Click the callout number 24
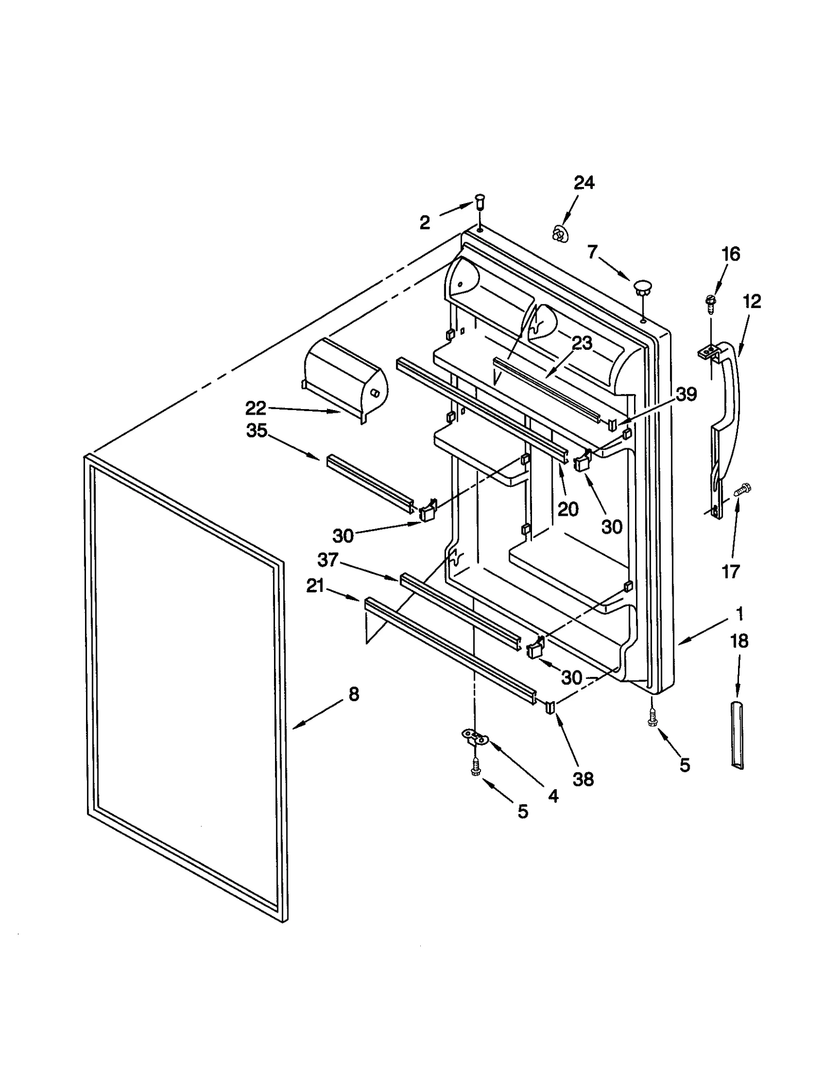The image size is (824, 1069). [584, 182]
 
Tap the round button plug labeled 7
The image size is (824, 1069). [642, 287]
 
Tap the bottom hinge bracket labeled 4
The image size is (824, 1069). [475, 738]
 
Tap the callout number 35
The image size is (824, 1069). [256, 430]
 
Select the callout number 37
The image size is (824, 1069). [328, 559]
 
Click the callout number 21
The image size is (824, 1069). [315, 586]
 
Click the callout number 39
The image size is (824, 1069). [686, 394]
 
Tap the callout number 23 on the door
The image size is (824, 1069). [582, 343]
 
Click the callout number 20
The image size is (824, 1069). [568, 509]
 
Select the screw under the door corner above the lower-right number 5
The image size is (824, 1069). [653, 718]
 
